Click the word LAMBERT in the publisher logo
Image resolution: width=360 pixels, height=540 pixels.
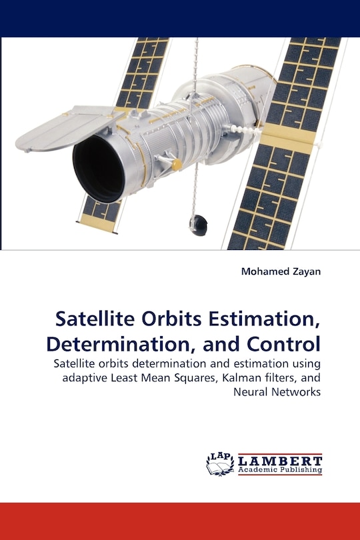[279, 460]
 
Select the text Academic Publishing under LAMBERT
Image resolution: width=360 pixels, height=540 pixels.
[279, 470]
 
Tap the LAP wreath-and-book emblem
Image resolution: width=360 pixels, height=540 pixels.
[220, 463]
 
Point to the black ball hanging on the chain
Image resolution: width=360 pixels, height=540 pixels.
[198, 225]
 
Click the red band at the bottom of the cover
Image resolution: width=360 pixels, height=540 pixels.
[180, 521]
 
